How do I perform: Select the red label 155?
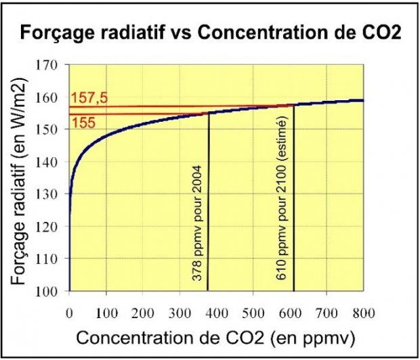click(x=81, y=123)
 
